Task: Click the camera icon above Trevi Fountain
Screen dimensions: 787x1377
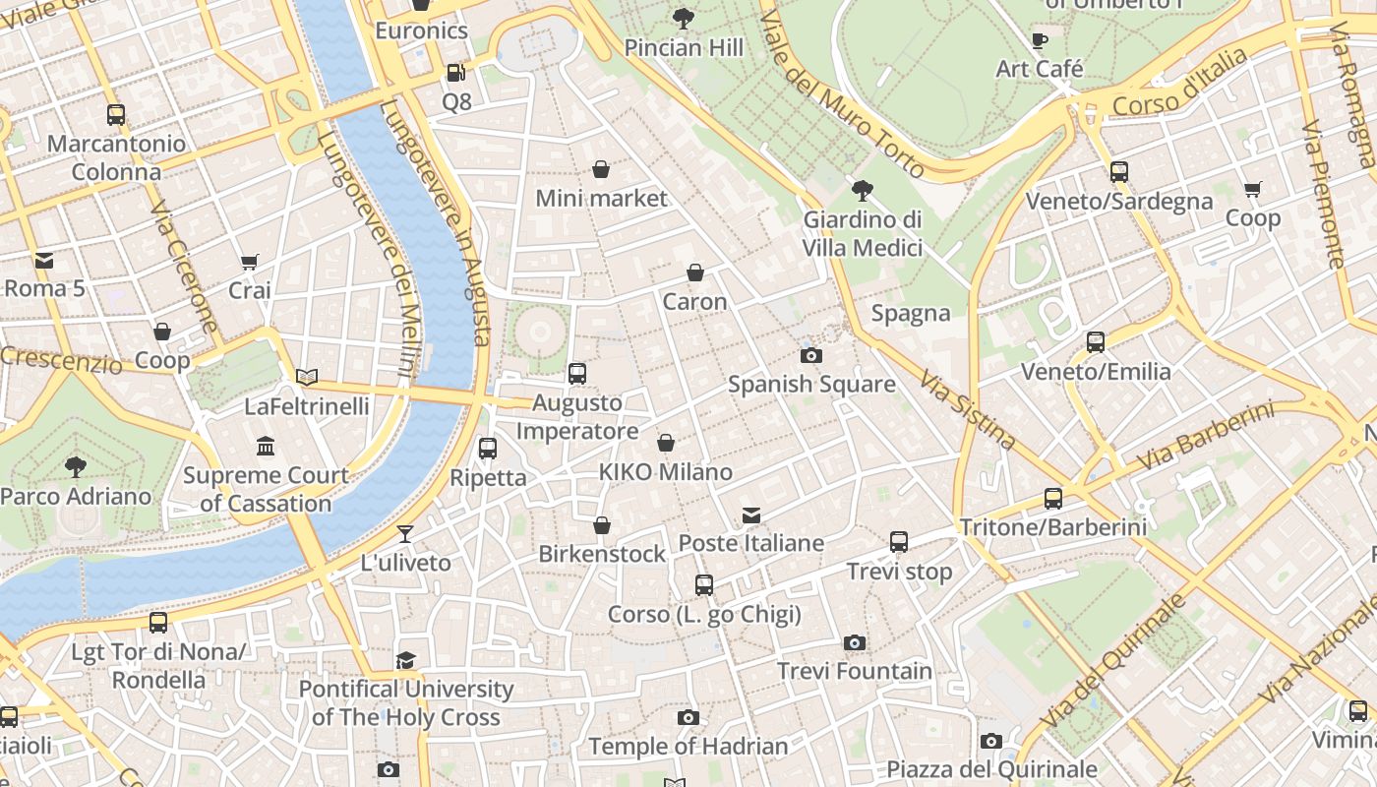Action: click(855, 643)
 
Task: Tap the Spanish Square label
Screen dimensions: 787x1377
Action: click(811, 384)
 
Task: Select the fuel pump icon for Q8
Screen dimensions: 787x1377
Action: click(455, 72)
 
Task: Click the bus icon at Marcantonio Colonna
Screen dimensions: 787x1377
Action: click(116, 115)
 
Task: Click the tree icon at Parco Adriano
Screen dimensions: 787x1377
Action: click(76, 466)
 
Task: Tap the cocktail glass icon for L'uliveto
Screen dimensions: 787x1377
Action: click(405, 534)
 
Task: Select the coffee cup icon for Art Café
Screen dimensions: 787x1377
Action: click(1040, 40)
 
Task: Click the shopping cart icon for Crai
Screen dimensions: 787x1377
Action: click(249, 262)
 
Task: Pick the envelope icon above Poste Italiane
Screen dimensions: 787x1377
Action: click(751, 515)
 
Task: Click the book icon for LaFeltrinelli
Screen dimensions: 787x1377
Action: click(307, 377)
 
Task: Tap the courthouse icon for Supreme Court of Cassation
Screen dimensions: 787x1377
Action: click(266, 447)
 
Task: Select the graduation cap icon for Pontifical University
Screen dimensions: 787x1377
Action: click(405, 660)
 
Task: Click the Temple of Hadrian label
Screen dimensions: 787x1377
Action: click(688, 747)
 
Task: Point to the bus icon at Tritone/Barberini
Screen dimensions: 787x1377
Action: click(1053, 499)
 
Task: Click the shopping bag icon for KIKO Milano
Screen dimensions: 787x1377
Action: click(666, 444)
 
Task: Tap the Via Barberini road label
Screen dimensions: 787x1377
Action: click(1205, 437)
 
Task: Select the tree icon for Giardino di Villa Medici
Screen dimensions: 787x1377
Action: click(863, 190)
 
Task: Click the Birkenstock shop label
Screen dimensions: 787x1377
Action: click(602, 554)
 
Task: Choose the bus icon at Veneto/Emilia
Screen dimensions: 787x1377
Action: click(1096, 342)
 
